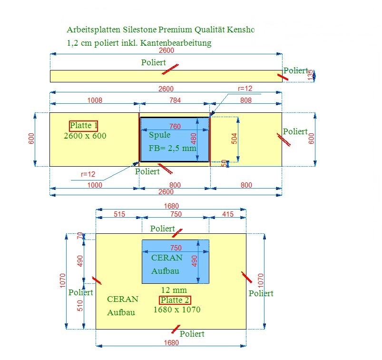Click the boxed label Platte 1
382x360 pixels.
(x=84, y=126)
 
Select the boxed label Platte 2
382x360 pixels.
(x=175, y=300)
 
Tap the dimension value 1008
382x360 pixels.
(x=95, y=100)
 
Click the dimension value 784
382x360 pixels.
(x=175, y=100)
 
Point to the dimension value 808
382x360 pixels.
(x=246, y=100)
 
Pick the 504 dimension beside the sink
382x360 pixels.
(x=234, y=139)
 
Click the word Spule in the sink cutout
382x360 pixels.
(x=159, y=135)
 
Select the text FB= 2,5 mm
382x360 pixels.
(x=173, y=148)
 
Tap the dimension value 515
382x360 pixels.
(x=119, y=214)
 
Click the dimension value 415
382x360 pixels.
(x=228, y=214)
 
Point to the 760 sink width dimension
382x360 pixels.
(x=175, y=126)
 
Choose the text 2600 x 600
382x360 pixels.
(x=85, y=136)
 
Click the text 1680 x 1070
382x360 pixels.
(x=177, y=310)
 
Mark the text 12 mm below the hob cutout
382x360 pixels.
(x=174, y=290)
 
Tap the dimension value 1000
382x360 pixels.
(x=95, y=185)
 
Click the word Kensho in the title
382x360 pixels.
(x=241, y=30)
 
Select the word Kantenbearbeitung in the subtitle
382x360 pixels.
(x=176, y=43)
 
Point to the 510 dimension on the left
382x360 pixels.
(x=80, y=306)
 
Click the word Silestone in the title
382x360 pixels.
(x=139, y=30)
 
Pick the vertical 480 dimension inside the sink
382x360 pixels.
(x=194, y=139)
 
